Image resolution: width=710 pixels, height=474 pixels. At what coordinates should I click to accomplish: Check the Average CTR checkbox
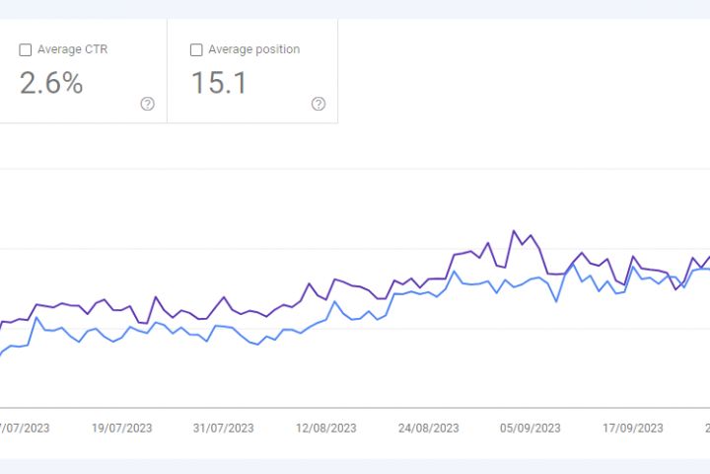point(26,49)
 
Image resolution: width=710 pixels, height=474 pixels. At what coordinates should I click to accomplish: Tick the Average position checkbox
point(196,49)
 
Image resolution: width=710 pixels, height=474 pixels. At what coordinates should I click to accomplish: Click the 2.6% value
point(51,83)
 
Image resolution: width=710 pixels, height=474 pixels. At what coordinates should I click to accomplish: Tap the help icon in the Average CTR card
point(148,104)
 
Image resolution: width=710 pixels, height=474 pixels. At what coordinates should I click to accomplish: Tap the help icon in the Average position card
point(319,104)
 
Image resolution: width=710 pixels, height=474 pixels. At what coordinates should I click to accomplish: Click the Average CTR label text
point(72,49)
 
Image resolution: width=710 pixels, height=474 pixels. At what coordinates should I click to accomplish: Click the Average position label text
point(253,49)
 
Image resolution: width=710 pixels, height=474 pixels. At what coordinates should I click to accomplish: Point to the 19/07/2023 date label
point(121,428)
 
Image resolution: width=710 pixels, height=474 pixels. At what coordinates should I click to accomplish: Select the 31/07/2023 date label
point(223,428)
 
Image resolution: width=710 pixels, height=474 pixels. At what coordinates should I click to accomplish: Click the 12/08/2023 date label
point(325,428)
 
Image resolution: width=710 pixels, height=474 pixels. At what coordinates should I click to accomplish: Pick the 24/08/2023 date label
point(428,428)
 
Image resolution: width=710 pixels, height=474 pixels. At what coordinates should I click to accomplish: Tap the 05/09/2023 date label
point(531,428)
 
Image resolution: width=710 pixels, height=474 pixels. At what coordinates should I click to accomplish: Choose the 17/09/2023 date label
point(633,428)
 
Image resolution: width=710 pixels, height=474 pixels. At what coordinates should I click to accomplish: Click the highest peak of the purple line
point(514,231)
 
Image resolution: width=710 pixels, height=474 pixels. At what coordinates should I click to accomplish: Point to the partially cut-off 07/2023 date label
point(26,428)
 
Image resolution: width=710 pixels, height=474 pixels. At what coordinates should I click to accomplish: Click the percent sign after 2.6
point(71,83)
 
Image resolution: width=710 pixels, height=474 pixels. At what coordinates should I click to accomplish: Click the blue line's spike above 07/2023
point(36,318)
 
